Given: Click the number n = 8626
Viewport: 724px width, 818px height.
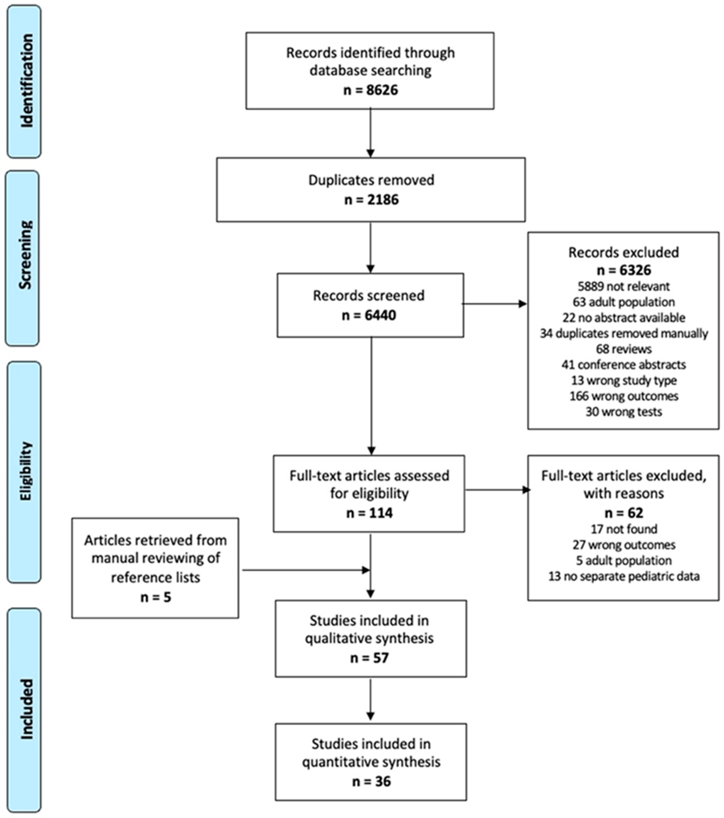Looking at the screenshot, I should click(371, 90).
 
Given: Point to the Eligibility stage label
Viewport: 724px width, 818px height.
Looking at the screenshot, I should click(25, 471).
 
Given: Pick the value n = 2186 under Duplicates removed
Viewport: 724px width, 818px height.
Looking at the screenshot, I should click(371, 199).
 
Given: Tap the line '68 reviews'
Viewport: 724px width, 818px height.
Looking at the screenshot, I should click(624, 349).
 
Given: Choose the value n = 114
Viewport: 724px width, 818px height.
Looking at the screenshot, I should click(369, 513).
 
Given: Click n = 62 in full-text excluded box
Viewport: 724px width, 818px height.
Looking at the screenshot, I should click(624, 513).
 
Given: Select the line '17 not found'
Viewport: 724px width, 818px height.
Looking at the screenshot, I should click(624, 529).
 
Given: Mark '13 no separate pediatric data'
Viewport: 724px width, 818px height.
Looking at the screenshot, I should click(624, 577).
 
